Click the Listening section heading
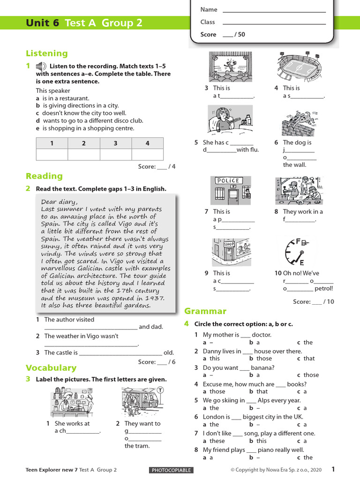(x=46, y=53)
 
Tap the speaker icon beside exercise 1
(x=41, y=66)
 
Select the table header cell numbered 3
(x=115, y=143)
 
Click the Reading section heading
(x=44, y=176)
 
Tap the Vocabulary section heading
(x=51, y=367)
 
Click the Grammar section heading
(x=205, y=311)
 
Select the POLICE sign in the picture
(x=227, y=180)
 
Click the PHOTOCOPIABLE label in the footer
(x=171, y=470)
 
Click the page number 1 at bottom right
(x=333, y=469)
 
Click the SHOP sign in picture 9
(x=229, y=244)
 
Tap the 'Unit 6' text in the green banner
(x=43, y=23)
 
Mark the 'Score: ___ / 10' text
(x=314, y=302)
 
